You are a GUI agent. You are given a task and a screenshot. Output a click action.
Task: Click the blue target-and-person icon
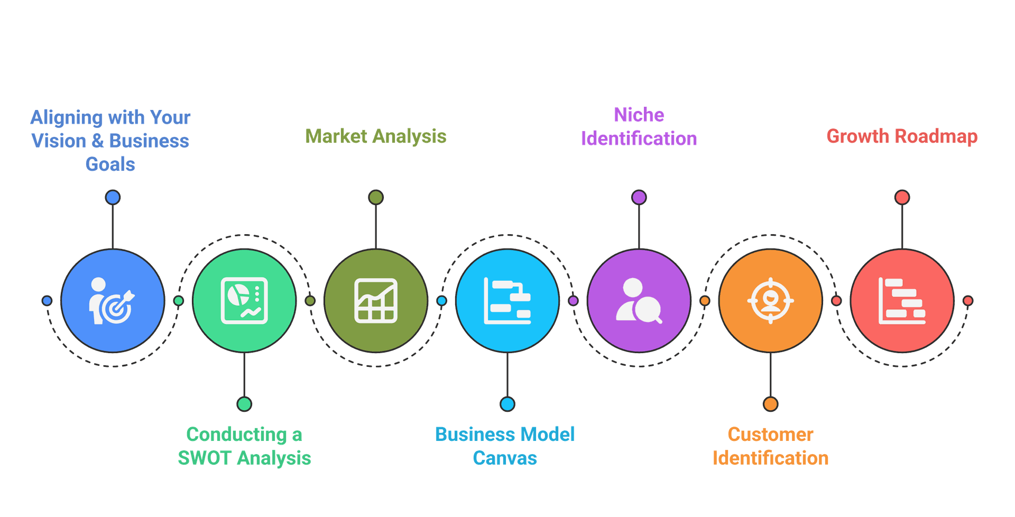(x=112, y=301)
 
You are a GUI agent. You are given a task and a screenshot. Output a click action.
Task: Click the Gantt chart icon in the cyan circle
(x=507, y=301)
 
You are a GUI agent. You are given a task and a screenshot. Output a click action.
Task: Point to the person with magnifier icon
(x=639, y=301)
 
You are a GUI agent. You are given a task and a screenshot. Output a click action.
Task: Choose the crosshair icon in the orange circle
(x=770, y=301)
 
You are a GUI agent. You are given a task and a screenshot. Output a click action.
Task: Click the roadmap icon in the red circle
(x=902, y=301)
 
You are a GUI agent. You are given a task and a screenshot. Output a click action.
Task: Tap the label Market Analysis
(x=376, y=136)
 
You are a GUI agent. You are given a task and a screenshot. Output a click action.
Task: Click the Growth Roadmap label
(x=902, y=136)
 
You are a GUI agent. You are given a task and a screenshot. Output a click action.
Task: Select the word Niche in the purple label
(x=639, y=115)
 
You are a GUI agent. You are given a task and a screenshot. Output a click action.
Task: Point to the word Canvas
(x=505, y=458)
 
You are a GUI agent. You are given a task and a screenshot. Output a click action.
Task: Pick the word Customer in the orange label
(x=770, y=435)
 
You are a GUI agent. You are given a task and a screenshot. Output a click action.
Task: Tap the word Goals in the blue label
(x=110, y=164)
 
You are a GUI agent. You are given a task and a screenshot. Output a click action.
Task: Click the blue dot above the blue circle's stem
(x=112, y=198)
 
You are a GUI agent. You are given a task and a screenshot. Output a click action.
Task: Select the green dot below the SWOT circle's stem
(x=244, y=404)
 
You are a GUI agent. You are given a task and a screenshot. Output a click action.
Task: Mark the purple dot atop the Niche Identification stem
(x=639, y=198)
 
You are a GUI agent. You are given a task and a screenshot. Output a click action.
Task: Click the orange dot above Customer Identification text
(x=770, y=404)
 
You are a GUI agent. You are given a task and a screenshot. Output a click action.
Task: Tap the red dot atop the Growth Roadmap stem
(x=902, y=198)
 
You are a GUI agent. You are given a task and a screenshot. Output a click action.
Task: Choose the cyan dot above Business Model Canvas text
(x=507, y=404)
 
